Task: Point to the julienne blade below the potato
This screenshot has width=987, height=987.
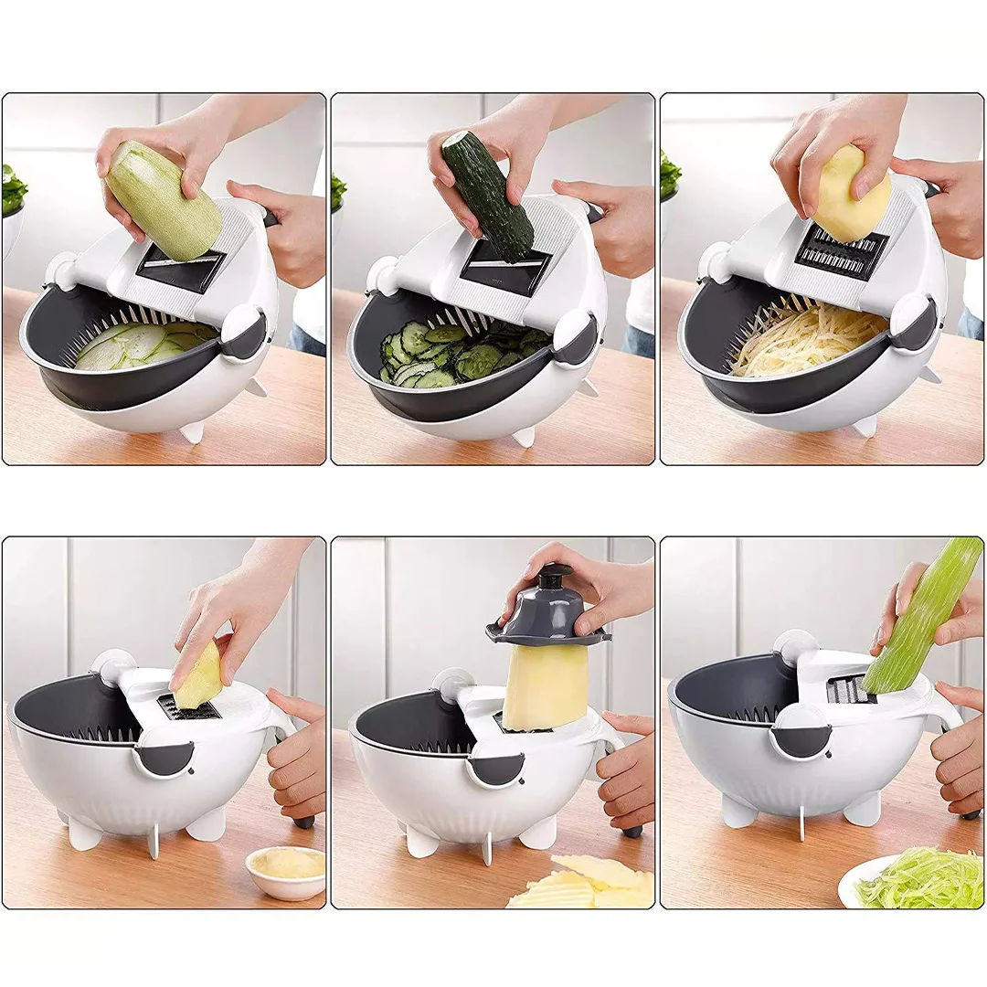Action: pyautogui.click(x=841, y=252)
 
